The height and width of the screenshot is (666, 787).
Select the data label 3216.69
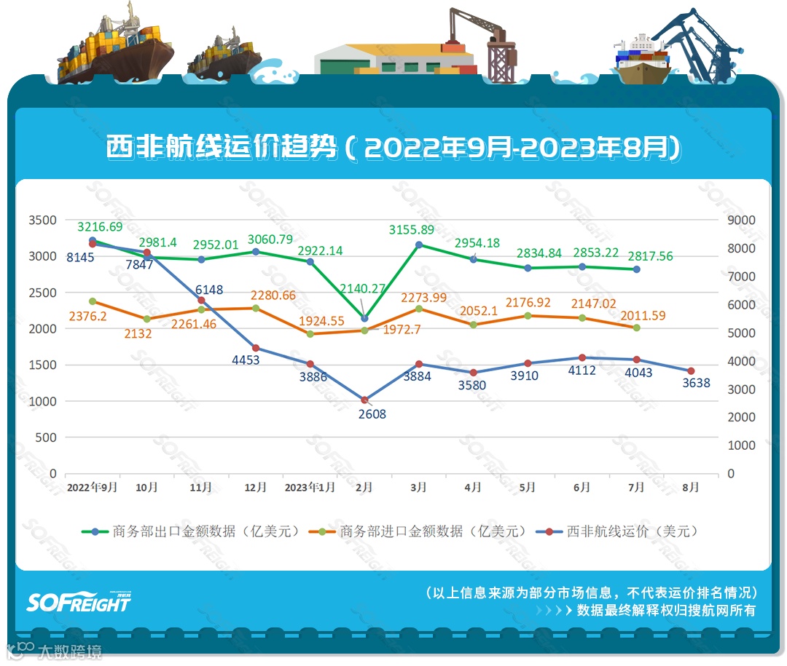click(101, 227)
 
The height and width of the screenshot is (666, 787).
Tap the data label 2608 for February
click(372, 414)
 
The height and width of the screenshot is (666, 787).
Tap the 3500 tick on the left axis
click(42, 220)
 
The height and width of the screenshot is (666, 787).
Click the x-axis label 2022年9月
click(92, 488)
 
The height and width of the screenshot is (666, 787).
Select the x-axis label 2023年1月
click(310, 488)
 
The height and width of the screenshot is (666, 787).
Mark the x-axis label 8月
click(690, 488)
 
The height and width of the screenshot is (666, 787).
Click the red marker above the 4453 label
click(255, 348)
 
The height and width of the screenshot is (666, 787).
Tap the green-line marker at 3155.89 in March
click(418, 245)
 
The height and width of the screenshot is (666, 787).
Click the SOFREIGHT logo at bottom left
click(79, 601)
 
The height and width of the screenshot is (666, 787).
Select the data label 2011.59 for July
click(643, 316)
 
